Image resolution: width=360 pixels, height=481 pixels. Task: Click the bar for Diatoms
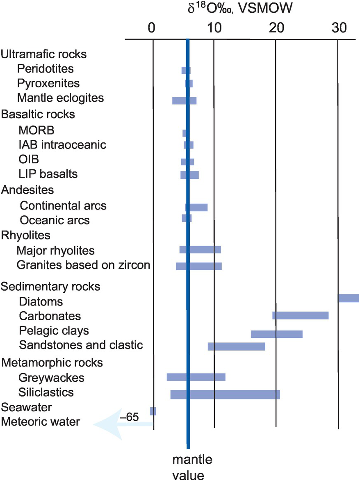click(349, 298)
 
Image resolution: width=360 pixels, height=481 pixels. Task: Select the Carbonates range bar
click(301, 315)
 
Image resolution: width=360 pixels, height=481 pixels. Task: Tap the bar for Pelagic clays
click(276, 334)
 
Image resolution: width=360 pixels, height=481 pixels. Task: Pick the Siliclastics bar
click(225, 394)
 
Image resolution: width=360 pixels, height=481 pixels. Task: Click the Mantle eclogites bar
click(184, 100)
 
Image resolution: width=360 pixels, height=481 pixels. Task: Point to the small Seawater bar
click(153, 411)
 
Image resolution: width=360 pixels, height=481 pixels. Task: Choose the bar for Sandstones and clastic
click(237, 346)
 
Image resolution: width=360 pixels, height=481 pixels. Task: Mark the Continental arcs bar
click(196, 207)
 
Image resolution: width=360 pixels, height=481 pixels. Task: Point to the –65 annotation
click(129, 417)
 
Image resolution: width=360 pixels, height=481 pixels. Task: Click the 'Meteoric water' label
click(41, 421)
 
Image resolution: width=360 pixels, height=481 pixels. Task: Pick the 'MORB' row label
click(36, 131)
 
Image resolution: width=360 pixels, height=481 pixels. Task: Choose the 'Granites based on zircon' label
click(84, 265)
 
